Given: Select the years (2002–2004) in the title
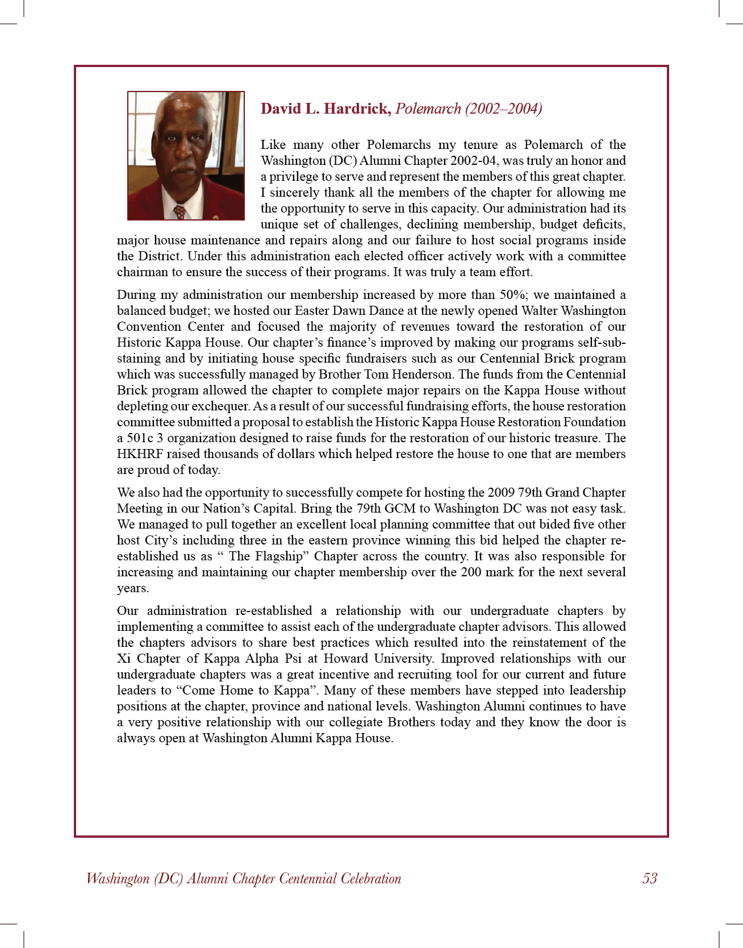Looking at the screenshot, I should coord(503,109).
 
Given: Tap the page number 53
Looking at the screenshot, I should coord(650,879).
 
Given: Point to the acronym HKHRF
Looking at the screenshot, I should coord(139,454).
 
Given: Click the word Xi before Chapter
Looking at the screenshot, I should coord(123,659).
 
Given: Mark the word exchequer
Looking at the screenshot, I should coord(220,406).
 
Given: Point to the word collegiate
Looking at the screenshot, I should coord(356,722).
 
